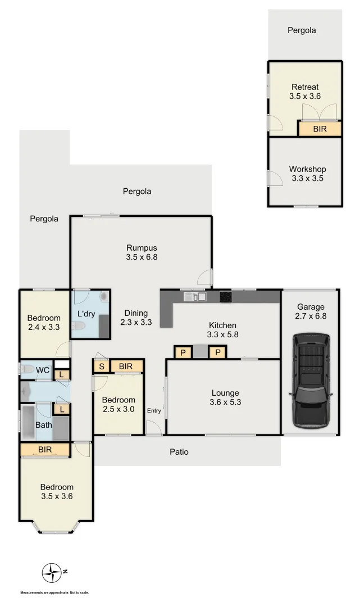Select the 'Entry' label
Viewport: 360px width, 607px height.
(x=154, y=411)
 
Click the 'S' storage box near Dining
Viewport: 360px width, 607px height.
(x=101, y=366)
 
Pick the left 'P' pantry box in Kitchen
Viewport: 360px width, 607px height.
(x=182, y=352)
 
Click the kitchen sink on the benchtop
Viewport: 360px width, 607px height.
(x=195, y=296)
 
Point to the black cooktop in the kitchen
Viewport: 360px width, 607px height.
(x=226, y=296)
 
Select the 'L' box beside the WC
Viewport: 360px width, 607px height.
(x=62, y=375)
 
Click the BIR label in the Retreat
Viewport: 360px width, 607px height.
(x=319, y=129)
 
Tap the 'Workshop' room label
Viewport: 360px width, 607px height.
(x=307, y=169)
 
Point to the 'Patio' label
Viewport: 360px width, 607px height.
(x=179, y=451)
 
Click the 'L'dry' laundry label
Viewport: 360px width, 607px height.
(x=86, y=314)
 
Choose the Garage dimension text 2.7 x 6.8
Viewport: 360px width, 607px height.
(x=311, y=316)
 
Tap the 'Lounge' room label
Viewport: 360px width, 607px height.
(x=225, y=393)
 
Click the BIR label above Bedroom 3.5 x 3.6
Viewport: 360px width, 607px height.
(x=45, y=450)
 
